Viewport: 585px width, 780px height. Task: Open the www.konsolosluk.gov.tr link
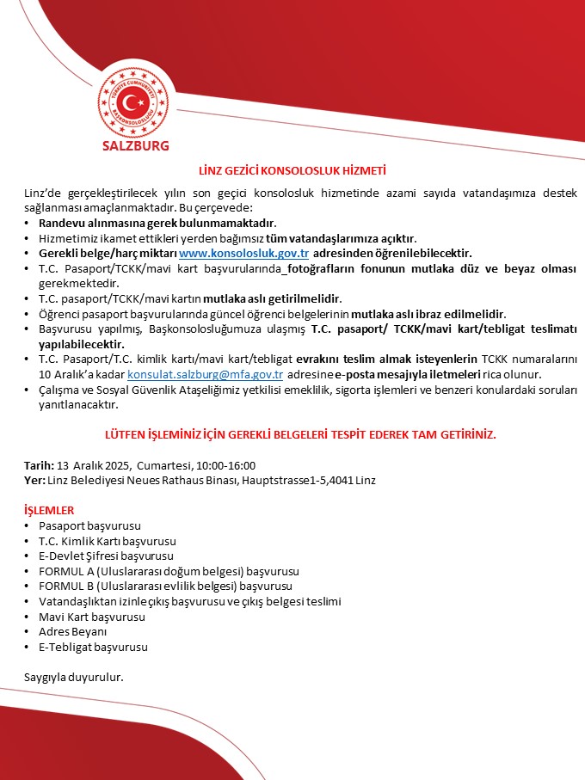click(243, 253)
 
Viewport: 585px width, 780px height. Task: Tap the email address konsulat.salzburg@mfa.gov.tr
click(206, 376)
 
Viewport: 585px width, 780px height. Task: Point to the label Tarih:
click(40, 465)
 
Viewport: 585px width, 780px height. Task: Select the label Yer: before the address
click(34, 479)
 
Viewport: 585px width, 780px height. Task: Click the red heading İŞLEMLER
click(49, 510)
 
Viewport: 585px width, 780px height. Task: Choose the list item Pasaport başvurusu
click(89, 525)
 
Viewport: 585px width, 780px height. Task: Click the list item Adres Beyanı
click(71, 632)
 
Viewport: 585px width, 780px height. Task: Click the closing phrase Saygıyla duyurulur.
click(74, 677)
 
